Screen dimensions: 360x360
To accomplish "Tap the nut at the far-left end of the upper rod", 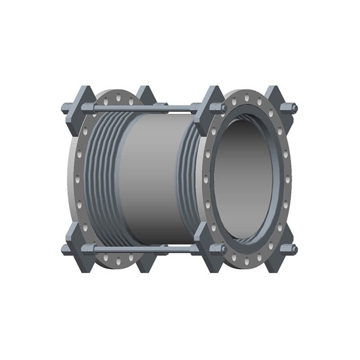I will tap(66, 108).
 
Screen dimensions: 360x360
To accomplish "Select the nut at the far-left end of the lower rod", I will tap(66, 249).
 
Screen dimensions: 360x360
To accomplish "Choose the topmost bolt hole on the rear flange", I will tap(118, 95).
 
